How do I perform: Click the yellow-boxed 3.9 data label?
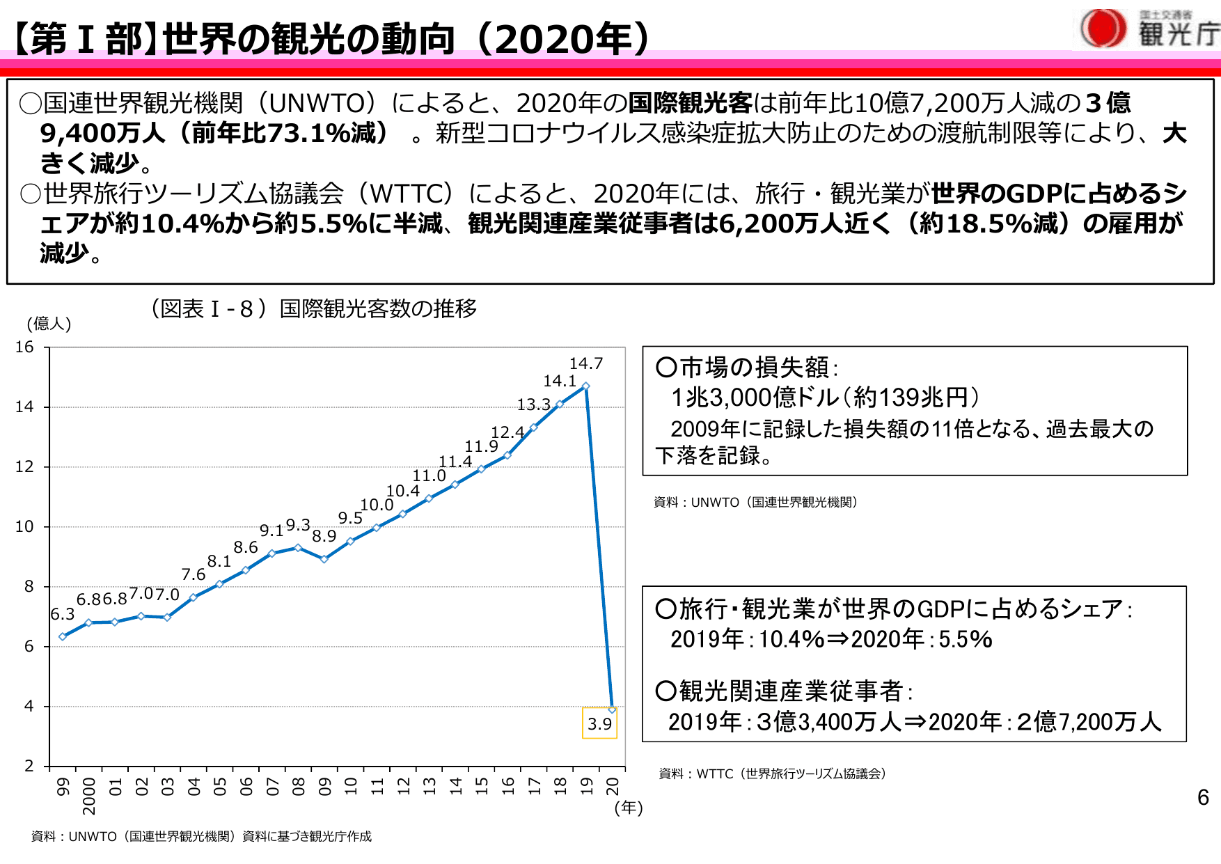599,724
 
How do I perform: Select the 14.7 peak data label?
586,363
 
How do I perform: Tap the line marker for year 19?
586,386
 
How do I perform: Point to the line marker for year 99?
63,636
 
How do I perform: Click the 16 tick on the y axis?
24,347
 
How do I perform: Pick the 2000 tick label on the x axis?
89,796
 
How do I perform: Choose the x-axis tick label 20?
613,786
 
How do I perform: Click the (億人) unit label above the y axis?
49,324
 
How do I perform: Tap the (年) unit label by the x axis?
629,808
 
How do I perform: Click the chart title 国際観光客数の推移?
378,308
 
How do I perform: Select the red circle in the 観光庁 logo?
1103,29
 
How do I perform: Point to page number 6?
1203,798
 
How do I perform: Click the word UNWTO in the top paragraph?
317,103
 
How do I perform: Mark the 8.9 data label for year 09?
324,536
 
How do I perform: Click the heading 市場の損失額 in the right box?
755,367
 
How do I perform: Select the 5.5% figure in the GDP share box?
966,639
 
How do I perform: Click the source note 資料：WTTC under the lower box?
772,773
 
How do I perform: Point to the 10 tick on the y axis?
24,526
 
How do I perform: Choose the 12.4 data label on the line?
507,432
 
